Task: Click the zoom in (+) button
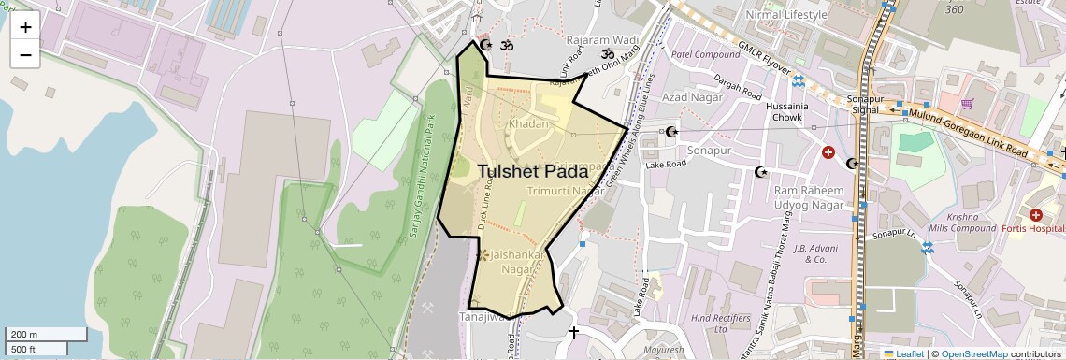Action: [x=25, y=27]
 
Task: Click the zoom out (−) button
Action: [x=25, y=54]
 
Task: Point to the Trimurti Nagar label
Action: [x=566, y=191]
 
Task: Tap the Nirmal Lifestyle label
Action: [x=786, y=15]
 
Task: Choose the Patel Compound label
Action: [x=706, y=54]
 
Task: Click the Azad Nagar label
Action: [x=688, y=97]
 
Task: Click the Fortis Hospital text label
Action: [x=1033, y=228]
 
